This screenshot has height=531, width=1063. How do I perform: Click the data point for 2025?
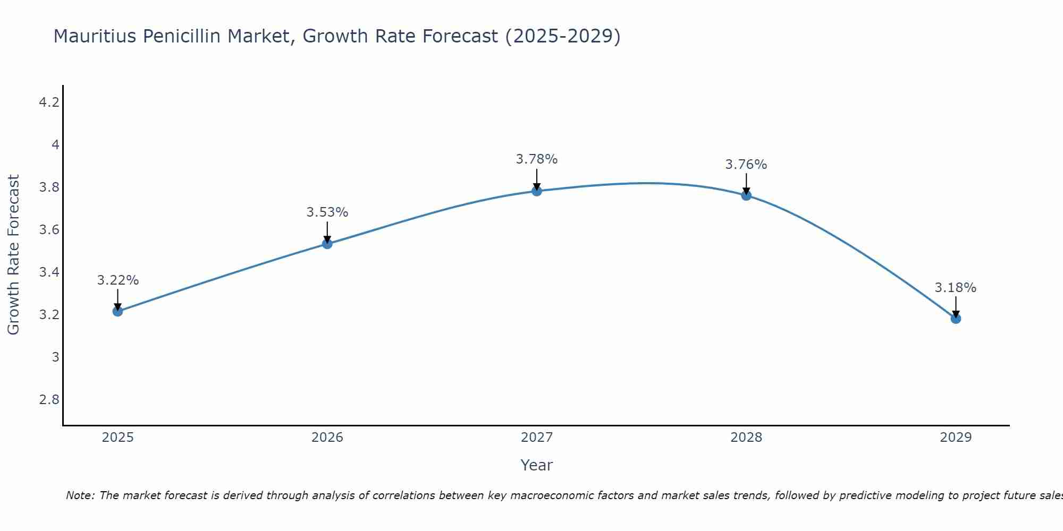tap(118, 311)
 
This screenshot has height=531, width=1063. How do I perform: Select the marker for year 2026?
tap(327, 244)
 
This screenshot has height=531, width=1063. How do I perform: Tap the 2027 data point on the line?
tap(537, 191)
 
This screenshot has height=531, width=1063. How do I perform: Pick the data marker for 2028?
tap(746, 195)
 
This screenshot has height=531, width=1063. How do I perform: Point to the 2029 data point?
tap(956, 319)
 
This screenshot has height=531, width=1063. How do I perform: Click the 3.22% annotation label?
tap(118, 280)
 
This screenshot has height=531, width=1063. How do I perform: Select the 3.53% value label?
tap(327, 212)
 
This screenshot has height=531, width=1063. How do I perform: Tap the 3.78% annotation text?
tap(537, 159)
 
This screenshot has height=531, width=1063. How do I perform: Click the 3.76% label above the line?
tap(746, 165)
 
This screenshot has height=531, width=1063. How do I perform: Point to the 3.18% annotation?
tap(956, 288)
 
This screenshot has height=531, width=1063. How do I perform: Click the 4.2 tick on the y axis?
tap(49, 102)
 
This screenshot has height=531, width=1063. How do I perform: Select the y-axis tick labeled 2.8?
tap(49, 399)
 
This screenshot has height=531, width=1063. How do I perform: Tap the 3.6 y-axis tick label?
tap(49, 229)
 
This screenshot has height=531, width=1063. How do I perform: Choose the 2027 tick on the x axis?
tap(537, 438)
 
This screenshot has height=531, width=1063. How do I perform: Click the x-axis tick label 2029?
tap(956, 438)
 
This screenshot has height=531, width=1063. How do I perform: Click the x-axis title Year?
tap(537, 465)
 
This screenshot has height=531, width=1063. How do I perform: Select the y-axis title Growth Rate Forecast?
tap(13, 255)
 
